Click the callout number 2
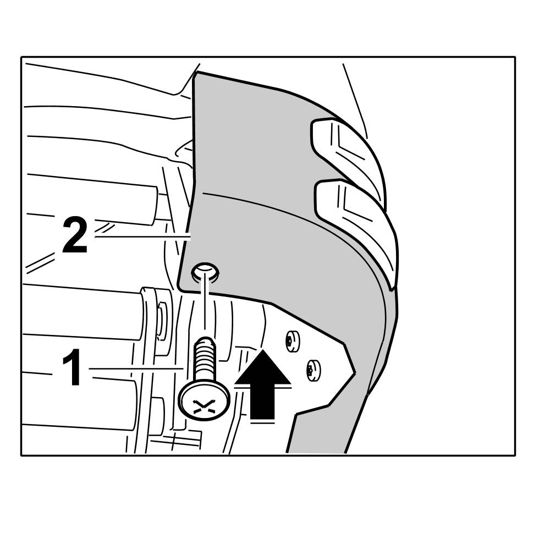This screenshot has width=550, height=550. (x=74, y=235)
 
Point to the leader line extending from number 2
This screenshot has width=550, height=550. (x=140, y=237)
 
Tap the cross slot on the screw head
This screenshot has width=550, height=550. (x=204, y=406)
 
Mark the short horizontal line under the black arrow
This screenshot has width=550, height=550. (x=262, y=424)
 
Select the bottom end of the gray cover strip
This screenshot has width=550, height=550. (x=316, y=448)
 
